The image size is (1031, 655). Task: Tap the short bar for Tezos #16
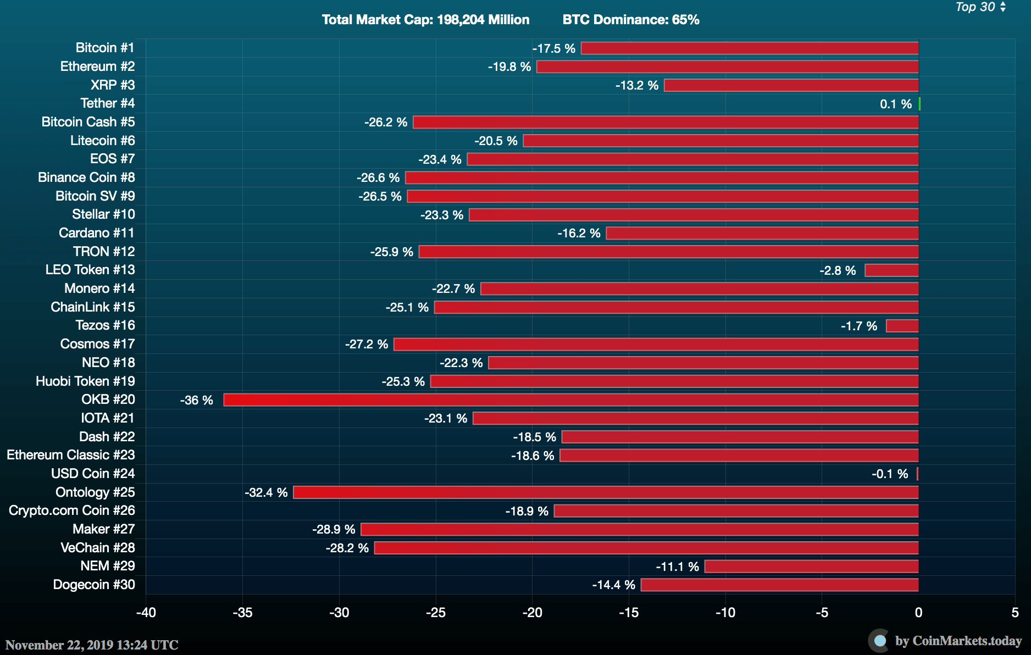pyautogui.click(x=902, y=326)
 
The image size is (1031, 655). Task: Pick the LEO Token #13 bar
pyautogui.click(x=891, y=270)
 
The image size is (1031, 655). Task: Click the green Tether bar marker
pyautogui.click(x=919, y=104)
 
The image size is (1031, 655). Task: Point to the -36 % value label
pyautogui.click(x=196, y=400)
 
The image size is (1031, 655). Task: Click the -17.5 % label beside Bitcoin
pyautogui.click(x=553, y=48)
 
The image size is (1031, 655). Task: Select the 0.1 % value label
pyautogui.click(x=895, y=104)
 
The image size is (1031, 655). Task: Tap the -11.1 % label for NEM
pyautogui.click(x=677, y=567)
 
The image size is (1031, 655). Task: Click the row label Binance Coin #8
pyautogui.click(x=86, y=177)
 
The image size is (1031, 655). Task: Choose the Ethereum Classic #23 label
pyautogui.click(x=71, y=455)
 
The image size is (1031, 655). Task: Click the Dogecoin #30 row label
pyautogui.click(x=94, y=585)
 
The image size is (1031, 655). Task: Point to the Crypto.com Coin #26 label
pyautogui.click(x=72, y=510)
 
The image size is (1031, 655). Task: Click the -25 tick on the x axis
pyautogui.click(x=436, y=613)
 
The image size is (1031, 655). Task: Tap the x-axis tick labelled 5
pyautogui.click(x=1015, y=613)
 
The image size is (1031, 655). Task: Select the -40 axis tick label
pyautogui.click(x=146, y=613)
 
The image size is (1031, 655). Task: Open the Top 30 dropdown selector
pyautogui.click(x=980, y=7)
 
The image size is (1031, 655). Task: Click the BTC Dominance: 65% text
pyautogui.click(x=631, y=20)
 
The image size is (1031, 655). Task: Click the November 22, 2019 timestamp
pyautogui.click(x=92, y=645)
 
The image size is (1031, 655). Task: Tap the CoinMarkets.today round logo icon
pyautogui.click(x=879, y=641)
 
